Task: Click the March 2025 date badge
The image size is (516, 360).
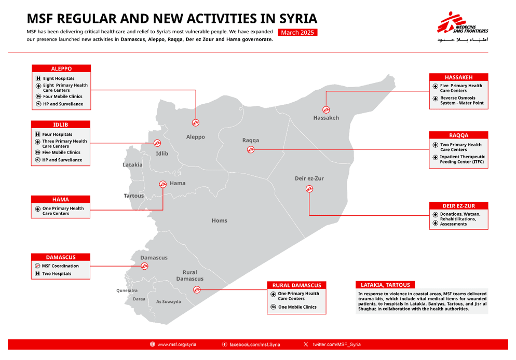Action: (x=297, y=32)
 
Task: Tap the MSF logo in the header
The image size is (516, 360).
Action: (x=463, y=25)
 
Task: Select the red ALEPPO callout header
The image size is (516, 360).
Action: (x=61, y=68)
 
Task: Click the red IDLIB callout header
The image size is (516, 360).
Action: (x=60, y=124)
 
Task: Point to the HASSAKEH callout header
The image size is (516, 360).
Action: (x=458, y=77)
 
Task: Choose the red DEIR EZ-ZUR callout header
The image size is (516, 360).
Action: (x=458, y=206)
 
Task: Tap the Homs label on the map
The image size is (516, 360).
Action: (x=219, y=221)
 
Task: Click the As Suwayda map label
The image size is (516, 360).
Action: (x=169, y=301)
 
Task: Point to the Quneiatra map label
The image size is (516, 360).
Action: (x=127, y=290)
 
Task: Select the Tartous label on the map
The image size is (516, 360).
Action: (x=133, y=196)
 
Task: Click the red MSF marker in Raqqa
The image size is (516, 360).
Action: (x=250, y=150)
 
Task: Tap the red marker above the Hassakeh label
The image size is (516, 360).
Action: (x=326, y=109)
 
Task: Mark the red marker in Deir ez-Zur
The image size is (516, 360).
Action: (x=309, y=189)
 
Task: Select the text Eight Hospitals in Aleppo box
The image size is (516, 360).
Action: (x=59, y=79)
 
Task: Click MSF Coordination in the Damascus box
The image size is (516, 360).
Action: (x=61, y=266)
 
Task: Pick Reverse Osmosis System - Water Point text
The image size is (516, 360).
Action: (x=461, y=101)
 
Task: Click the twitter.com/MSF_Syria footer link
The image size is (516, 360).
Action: (x=336, y=344)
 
